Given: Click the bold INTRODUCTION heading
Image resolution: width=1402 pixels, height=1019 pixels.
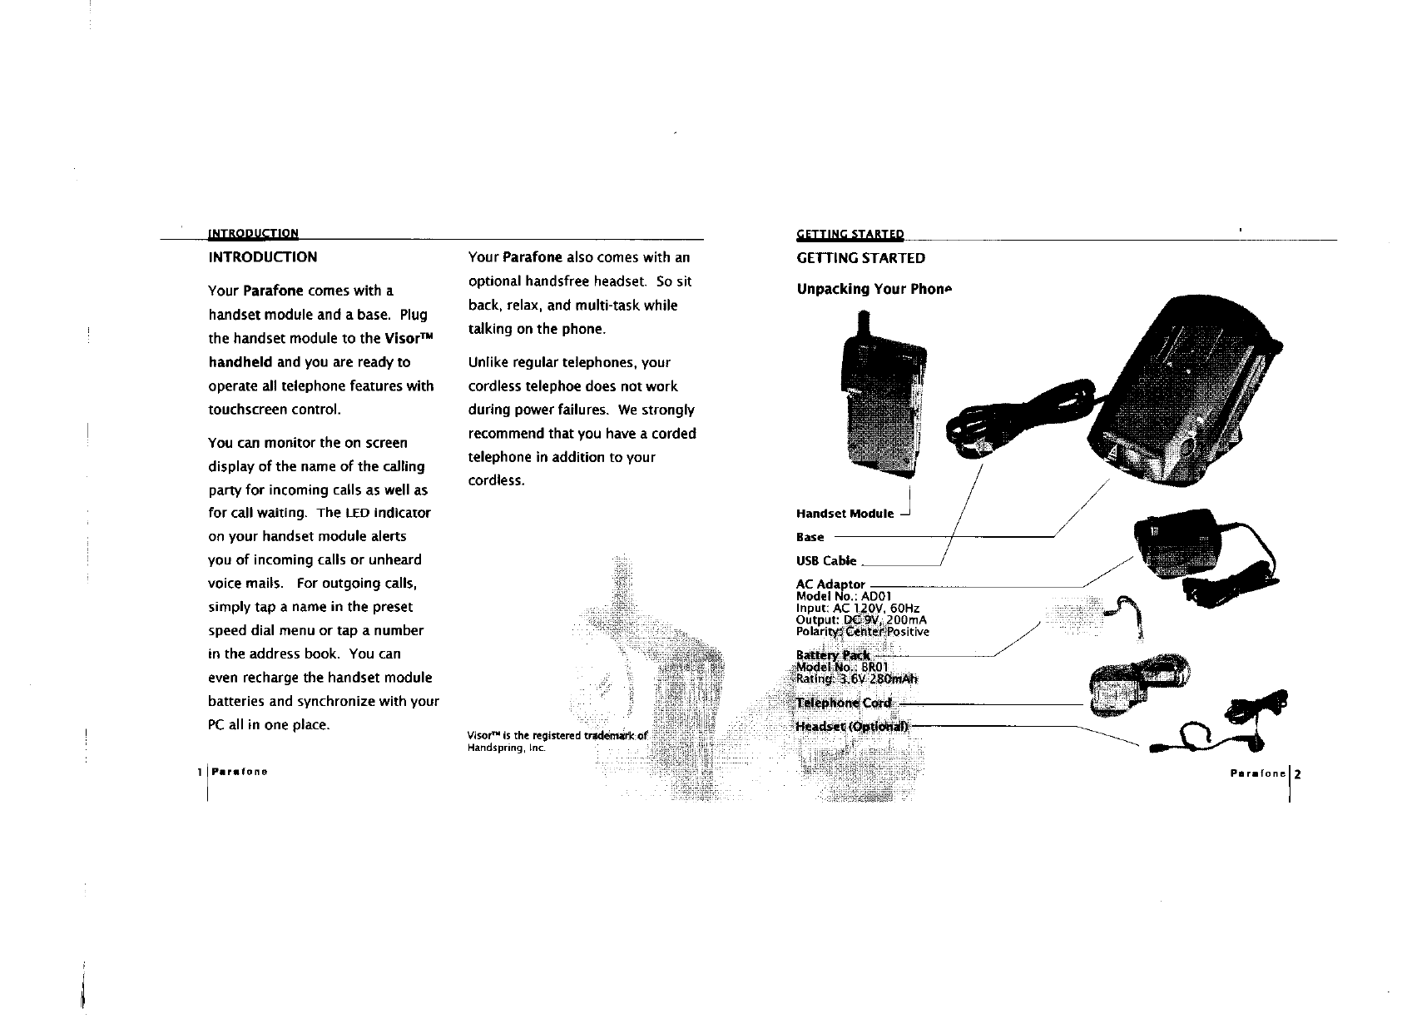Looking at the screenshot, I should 262,257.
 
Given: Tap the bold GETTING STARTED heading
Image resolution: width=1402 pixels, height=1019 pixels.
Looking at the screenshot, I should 860,258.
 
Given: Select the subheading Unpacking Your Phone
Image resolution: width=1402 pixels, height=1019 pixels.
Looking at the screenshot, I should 873,289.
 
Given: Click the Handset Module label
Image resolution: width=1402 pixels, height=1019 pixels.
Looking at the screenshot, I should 845,514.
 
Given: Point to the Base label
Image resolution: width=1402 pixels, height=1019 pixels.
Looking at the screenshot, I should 810,538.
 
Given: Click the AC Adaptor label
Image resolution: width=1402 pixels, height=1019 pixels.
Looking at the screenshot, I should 830,584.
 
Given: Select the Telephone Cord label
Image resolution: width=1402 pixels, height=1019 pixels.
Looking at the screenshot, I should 844,703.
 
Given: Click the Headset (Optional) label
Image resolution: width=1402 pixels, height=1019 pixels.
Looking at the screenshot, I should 853,726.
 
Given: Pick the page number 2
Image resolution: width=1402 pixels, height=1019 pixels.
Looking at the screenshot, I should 1296,773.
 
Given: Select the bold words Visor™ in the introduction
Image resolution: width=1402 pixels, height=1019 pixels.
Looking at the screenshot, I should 409,339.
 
